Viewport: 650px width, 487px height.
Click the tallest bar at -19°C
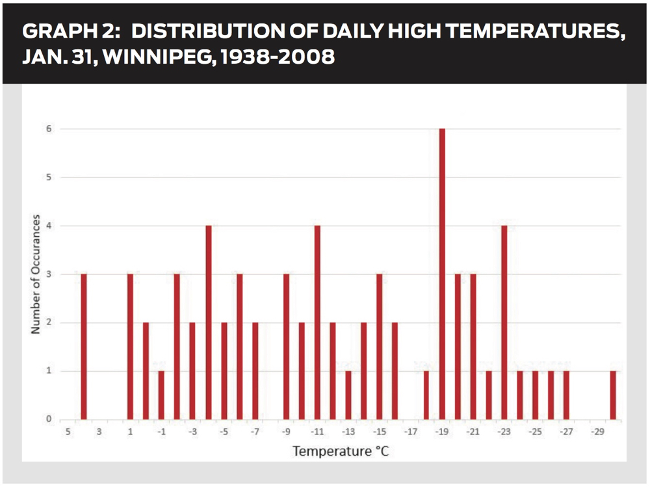click(442, 274)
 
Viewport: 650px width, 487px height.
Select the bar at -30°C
click(613, 395)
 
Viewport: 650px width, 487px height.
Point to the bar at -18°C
click(426, 395)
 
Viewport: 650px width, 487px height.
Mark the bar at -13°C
click(348, 395)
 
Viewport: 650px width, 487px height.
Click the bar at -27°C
click(566, 395)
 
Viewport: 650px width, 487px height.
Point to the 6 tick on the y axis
click(47, 129)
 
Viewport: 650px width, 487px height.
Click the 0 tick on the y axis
click(47, 419)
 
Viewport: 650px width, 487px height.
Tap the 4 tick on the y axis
click(47, 226)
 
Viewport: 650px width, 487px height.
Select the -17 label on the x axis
click(410, 432)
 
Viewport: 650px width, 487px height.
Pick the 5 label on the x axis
click(67, 432)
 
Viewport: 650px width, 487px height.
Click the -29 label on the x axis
click(597, 432)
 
